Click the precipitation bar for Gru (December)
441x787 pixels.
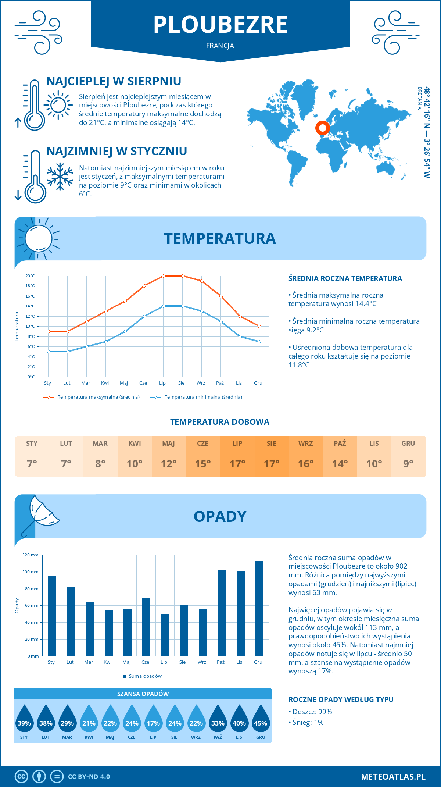259,608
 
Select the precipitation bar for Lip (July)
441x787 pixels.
165,635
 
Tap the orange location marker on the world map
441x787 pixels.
322,128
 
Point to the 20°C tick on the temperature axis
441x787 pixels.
30,276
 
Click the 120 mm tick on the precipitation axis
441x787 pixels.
31,555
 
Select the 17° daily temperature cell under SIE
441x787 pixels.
272,464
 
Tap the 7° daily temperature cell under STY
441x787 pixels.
32,464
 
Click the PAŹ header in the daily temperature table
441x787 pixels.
340,444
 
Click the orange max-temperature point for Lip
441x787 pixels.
164,276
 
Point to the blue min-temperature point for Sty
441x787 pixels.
49,352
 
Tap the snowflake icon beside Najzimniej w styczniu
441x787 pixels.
60,177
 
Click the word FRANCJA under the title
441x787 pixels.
220,46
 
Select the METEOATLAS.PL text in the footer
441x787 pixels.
393,777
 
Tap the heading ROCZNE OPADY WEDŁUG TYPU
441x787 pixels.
341,699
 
